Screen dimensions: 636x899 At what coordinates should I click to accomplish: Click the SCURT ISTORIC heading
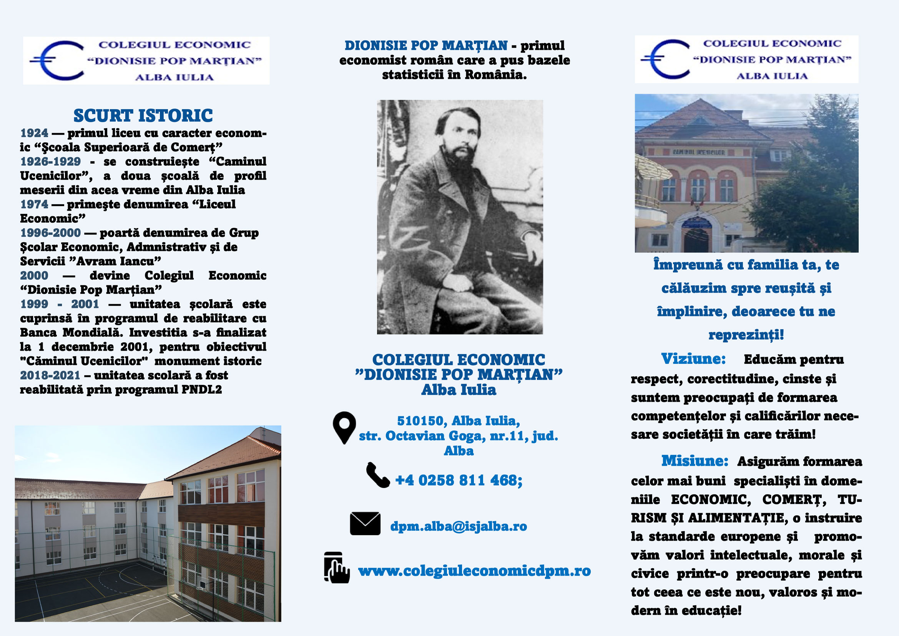point(143,115)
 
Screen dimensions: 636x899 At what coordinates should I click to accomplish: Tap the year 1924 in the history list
point(34,133)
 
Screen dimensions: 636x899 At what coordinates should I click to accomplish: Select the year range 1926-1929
point(50,162)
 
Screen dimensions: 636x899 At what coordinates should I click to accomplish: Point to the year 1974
point(34,205)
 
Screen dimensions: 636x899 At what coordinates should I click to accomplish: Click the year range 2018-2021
point(50,375)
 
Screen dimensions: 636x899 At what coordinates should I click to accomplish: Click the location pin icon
point(344,427)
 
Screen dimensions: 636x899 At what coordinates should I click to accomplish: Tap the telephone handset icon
point(377,475)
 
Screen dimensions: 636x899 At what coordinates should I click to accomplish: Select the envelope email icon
point(365,524)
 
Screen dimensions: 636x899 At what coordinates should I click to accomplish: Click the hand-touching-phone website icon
point(336,568)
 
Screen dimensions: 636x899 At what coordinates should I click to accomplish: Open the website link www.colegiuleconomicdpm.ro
point(474,571)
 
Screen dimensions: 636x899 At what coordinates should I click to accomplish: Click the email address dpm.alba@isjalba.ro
point(459,526)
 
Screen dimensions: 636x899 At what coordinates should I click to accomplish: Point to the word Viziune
point(693,359)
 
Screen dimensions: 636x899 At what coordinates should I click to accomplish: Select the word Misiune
point(695,461)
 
